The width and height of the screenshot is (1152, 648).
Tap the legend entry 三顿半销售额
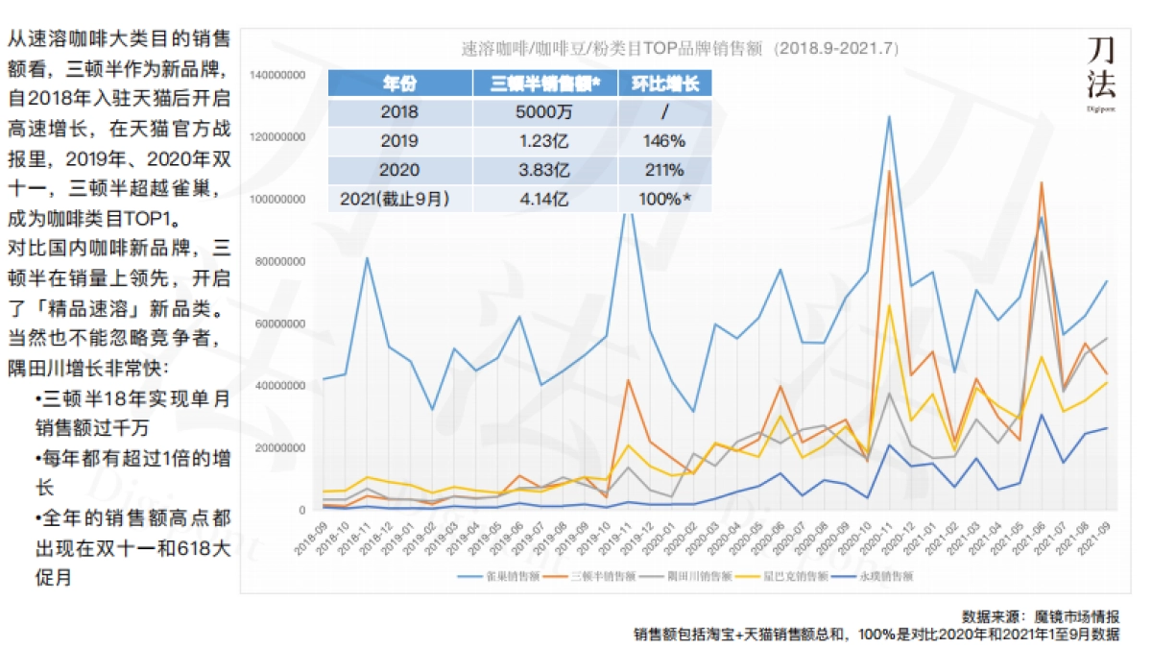tap(602, 577)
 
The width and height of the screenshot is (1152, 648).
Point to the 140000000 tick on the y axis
tap(277, 75)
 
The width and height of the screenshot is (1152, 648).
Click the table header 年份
tap(398, 83)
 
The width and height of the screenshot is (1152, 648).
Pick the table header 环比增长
tap(664, 83)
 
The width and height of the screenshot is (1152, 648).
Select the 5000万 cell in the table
tap(544, 112)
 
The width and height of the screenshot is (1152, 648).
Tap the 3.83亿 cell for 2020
tap(544, 171)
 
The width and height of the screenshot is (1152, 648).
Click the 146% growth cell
tap(664, 141)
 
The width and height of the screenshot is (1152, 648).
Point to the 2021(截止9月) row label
tap(398, 200)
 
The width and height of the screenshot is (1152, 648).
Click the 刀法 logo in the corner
tap(1100, 69)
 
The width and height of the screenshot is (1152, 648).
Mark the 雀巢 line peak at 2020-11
tap(889, 117)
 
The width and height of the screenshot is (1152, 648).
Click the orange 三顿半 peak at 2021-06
tap(1042, 182)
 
